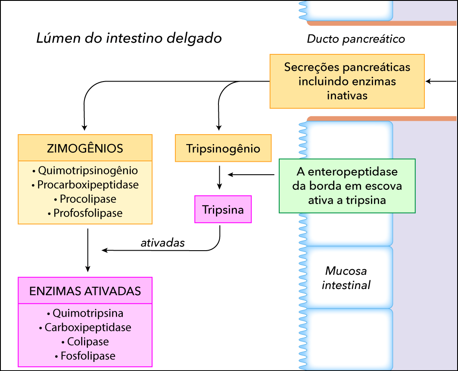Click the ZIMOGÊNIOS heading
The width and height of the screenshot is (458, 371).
pyautogui.click(x=85, y=148)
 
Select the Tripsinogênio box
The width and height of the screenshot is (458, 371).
pyautogui.click(x=223, y=148)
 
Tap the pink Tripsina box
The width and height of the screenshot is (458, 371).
pyautogui.click(x=223, y=210)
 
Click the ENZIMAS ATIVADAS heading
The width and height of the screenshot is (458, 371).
pyautogui.click(x=85, y=291)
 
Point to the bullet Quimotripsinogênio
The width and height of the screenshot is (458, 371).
pyautogui.click(x=85, y=170)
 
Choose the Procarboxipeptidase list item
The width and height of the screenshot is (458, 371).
pyautogui.click(x=85, y=185)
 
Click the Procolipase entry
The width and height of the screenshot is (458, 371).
pyautogui.click(x=85, y=199)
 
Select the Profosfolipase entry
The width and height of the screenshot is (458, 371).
pyautogui.click(x=85, y=213)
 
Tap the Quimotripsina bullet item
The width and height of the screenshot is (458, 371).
pyautogui.click(x=85, y=313)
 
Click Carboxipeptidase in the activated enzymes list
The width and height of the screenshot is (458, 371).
pyautogui.click(x=85, y=327)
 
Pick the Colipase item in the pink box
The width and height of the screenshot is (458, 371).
pyautogui.click(x=85, y=342)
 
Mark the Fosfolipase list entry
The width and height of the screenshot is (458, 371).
pyautogui.click(x=85, y=356)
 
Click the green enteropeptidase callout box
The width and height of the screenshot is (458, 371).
pyautogui.click(x=347, y=186)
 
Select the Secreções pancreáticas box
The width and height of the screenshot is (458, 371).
pyautogui.click(x=347, y=81)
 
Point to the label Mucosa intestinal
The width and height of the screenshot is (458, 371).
pyautogui.click(x=346, y=278)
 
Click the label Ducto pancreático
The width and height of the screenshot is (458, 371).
pyautogui.click(x=356, y=39)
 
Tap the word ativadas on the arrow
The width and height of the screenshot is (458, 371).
pyautogui.click(x=163, y=243)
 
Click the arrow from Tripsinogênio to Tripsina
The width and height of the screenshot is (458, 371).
pyautogui.click(x=219, y=177)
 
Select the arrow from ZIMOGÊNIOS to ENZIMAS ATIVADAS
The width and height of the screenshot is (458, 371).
pyautogui.click(x=87, y=250)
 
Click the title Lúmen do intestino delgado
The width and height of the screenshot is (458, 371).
pyautogui.click(x=129, y=39)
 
